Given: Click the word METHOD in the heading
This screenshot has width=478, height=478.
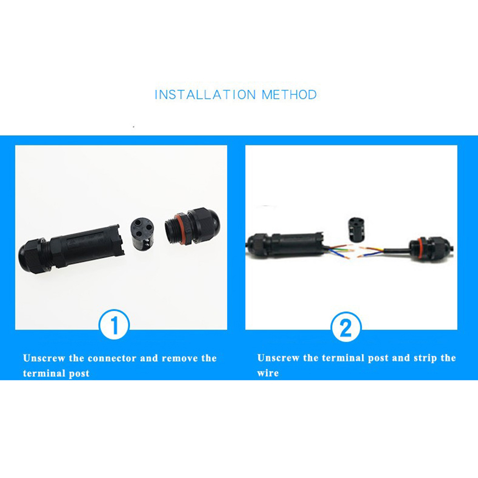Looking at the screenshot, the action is pos(289,94).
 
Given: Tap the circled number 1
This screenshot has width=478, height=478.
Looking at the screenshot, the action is pos(114,325).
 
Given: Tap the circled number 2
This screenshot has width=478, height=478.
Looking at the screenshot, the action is pos(346,327).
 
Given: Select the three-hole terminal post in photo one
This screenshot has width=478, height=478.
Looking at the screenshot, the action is pos(142,231).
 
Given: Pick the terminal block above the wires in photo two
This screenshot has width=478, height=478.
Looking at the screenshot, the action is pos(356,229).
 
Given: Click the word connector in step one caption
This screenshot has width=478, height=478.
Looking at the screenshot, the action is pos(112,358).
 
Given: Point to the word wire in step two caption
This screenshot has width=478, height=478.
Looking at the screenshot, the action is pos(268,373).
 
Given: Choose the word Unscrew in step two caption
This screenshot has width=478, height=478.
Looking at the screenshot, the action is pos(278,358).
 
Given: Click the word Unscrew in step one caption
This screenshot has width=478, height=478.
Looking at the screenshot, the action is pos(44,358).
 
